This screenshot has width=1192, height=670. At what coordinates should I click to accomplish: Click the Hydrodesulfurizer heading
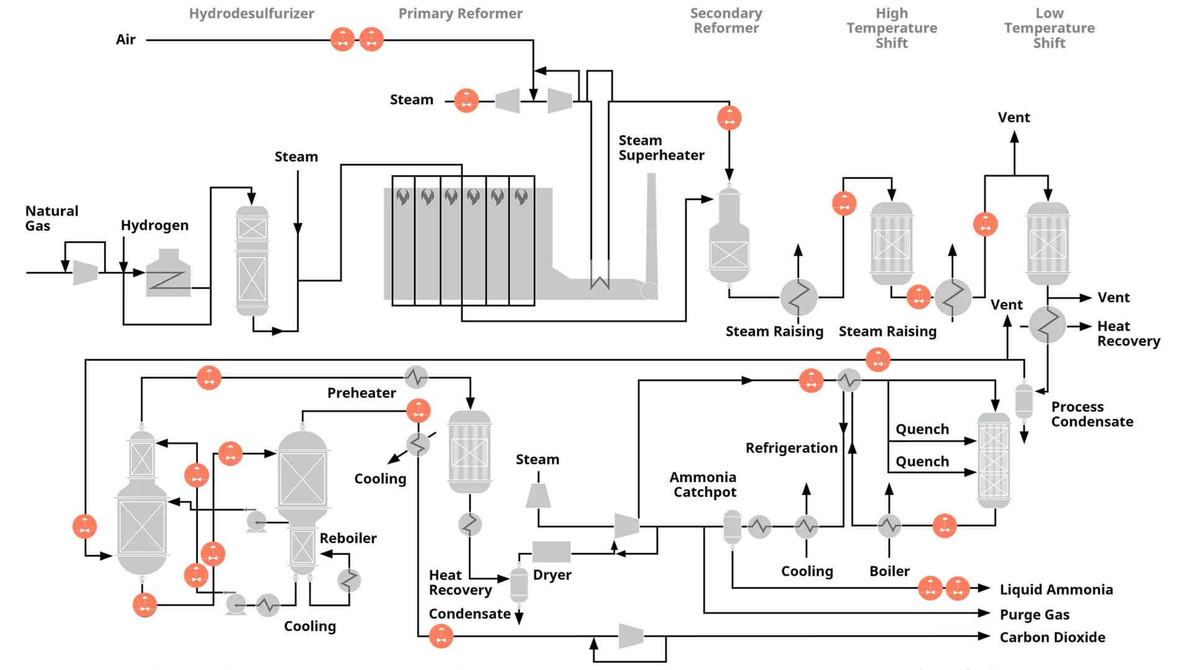tap(251, 13)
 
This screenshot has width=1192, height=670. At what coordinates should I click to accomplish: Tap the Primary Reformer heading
tap(460, 13)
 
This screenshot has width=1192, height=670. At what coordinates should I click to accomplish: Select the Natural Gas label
tap(52, 218)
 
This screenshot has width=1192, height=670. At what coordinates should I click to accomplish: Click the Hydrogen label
tap(154, 225)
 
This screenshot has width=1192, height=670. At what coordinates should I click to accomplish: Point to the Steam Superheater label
tap(661, 148)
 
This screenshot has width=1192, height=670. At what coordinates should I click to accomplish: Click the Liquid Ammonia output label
tap(1055, 589)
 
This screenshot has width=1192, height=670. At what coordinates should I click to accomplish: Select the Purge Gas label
tap(1034, 615)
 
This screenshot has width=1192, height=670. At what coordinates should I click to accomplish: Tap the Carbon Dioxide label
tap(1052, 637)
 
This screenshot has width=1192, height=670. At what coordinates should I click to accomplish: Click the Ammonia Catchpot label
tap(703, 485)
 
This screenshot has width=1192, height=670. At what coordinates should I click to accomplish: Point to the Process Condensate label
tap(1091, 414)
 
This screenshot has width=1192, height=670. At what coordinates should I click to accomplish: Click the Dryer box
tap(551, 552)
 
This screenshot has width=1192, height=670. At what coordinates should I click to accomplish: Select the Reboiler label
tap(348, 538)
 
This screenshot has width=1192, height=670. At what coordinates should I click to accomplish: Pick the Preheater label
tap(361, 393)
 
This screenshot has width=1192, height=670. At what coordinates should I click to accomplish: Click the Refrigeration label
tap(792, 448)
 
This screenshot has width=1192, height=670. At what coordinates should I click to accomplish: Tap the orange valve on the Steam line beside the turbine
tap(466, 100)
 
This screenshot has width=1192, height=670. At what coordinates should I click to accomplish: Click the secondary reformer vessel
tap(729, 236)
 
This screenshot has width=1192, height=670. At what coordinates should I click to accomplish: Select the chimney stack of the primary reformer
tap(651, 230)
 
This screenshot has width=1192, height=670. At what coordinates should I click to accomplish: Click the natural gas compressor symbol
tap(85, 272)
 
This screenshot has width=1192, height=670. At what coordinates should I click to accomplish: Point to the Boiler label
tap(889, 571)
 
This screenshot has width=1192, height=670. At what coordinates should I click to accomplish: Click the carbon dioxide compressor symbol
tap(631, 636)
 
